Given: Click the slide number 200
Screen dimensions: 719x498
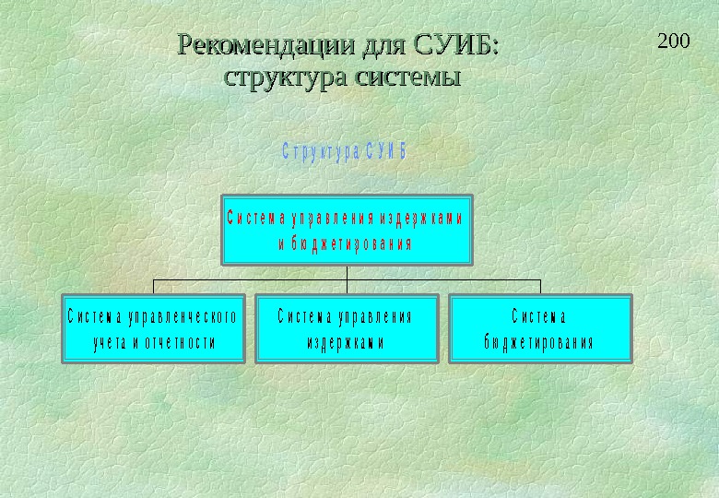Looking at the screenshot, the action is pos(674,41).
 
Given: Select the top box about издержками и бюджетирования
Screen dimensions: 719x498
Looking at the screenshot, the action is pos(347,229).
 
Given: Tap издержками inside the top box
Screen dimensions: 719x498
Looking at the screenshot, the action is pos(420,219).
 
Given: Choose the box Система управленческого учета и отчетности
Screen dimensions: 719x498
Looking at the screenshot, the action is pos(153,328).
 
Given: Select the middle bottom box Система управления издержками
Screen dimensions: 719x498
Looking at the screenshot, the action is pos(346,328).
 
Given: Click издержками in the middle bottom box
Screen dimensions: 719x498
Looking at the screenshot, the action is pos(346,343).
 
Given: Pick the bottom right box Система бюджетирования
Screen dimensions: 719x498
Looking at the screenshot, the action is pos(540,328).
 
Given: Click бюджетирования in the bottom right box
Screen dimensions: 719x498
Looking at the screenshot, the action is pos(539,343).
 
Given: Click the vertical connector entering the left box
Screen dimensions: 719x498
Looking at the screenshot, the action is pos(153,286).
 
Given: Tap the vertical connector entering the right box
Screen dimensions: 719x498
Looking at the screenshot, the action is pos(540,286).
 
